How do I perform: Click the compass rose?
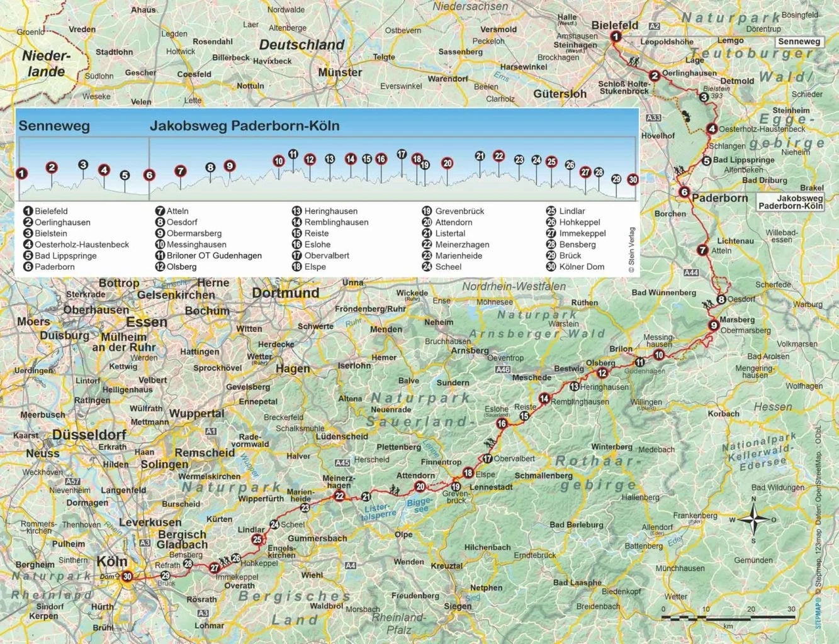(753, 519)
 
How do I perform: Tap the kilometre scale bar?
(728, 618)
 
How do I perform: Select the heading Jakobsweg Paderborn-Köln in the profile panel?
(244, 126)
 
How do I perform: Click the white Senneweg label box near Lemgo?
(799, 42)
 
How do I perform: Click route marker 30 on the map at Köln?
(127, 576)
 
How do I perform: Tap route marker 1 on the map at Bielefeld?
(616, 36)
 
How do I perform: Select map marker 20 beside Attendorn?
(420, 486)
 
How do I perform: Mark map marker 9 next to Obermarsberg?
(713, 325)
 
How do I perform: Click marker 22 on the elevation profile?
(498, 156)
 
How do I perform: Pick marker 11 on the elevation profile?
(293, 154)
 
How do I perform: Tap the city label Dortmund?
(285, 293)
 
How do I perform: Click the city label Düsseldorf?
(89, 435)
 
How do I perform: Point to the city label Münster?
(340, 72)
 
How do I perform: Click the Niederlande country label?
(46, 64)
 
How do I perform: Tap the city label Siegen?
(458, 606)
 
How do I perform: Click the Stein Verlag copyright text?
(631, 250)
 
